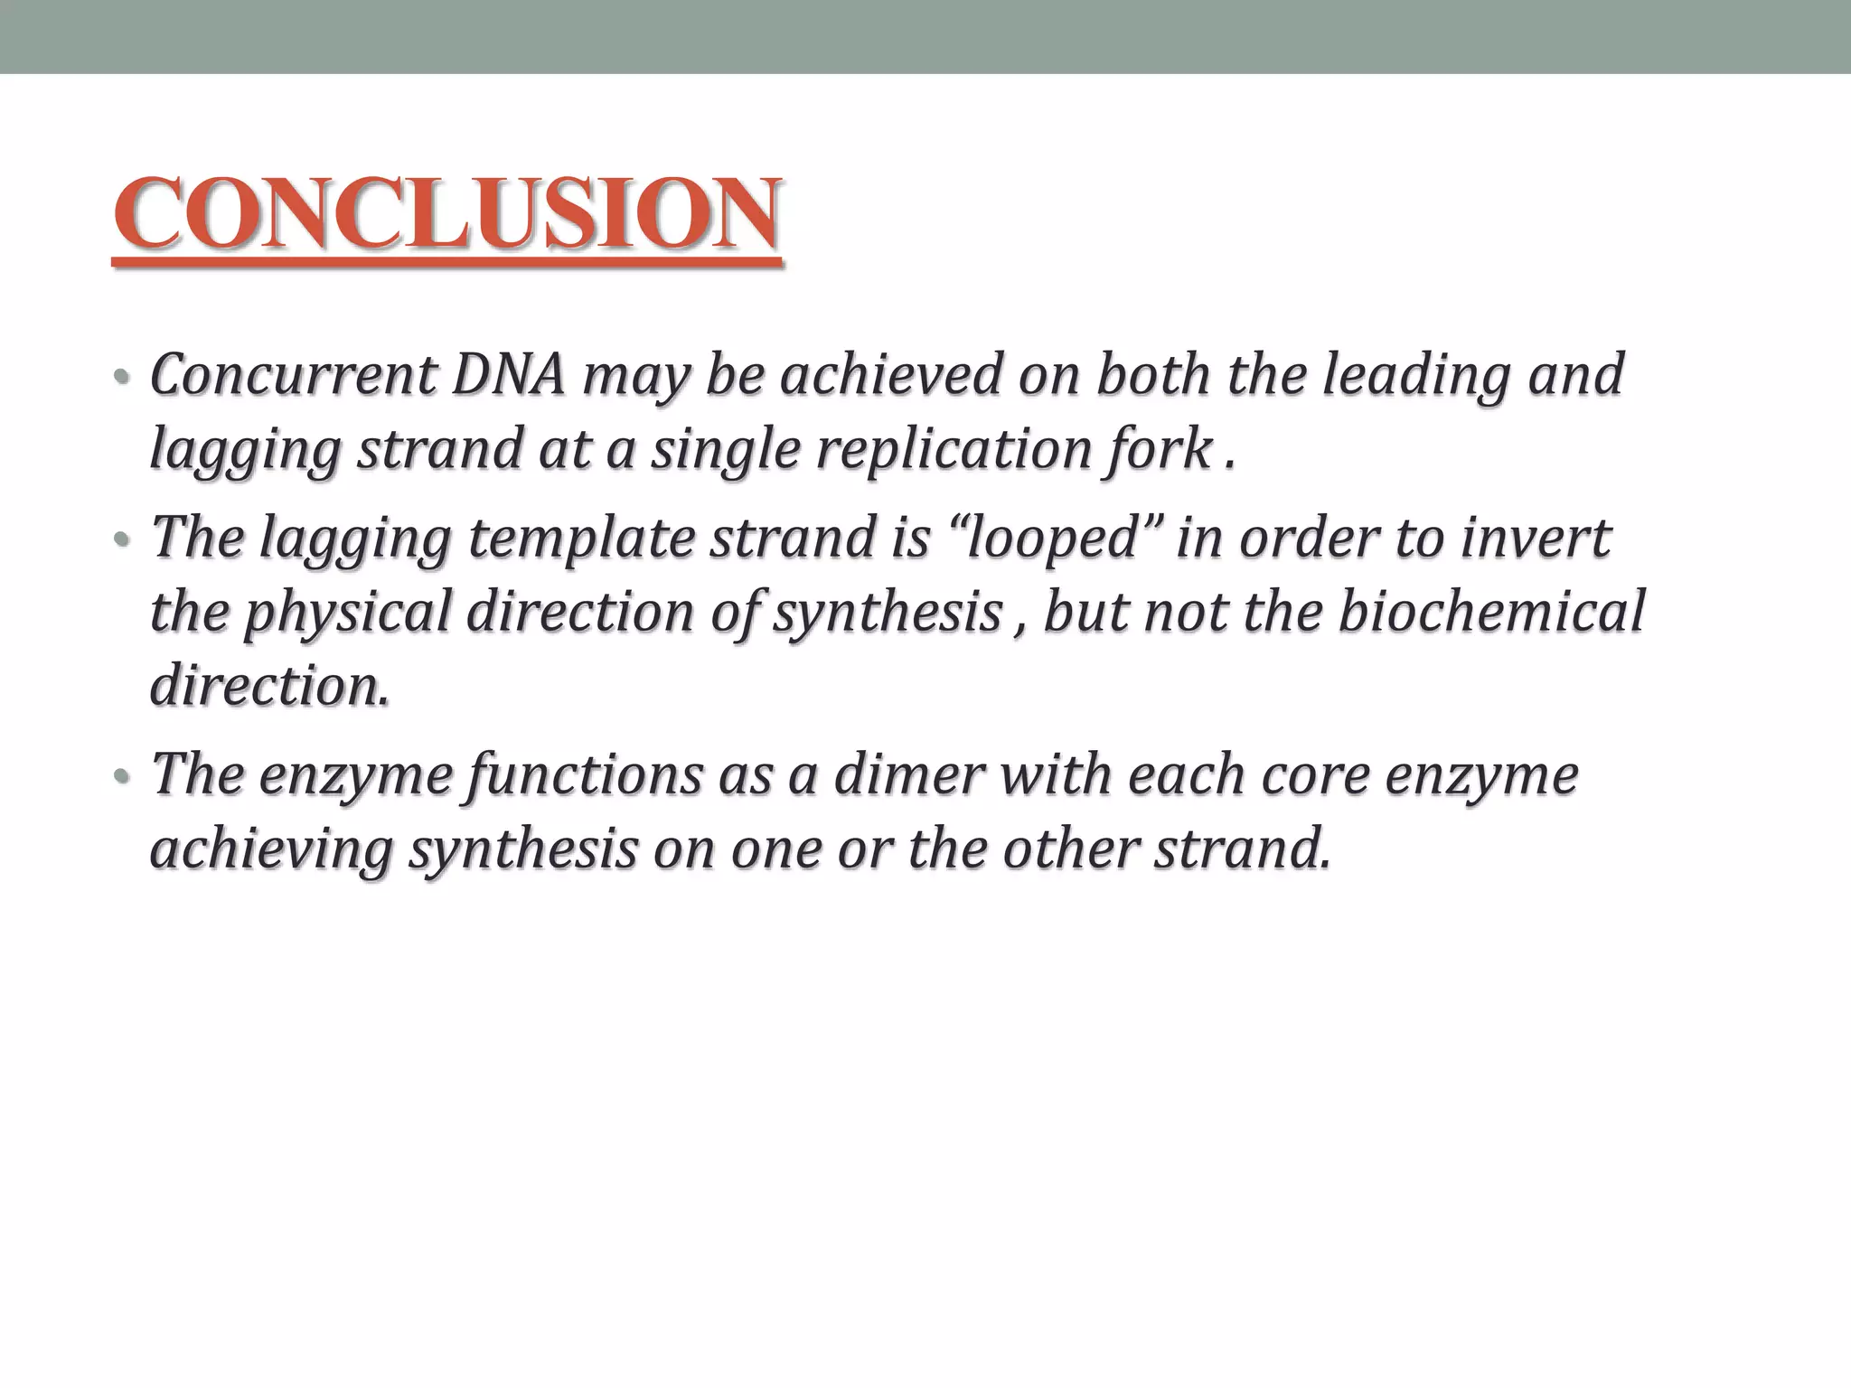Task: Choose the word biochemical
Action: tap(1491, 612)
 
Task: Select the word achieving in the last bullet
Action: tap(271, 849)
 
